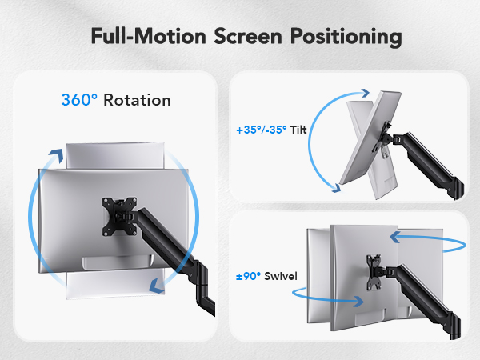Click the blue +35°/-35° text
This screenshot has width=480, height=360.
click(262, 128)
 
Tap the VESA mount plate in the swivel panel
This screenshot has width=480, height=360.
click(371, 269)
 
